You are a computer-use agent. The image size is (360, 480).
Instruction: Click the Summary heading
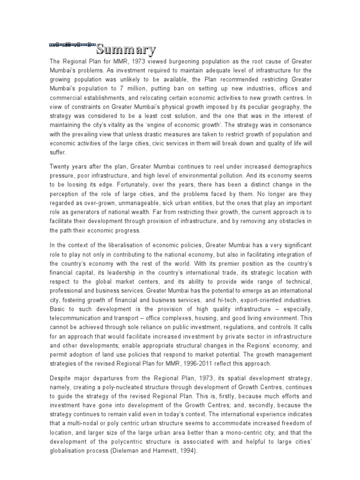(x=126, y=49)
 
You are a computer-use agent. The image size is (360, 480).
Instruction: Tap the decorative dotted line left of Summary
(x=72, y=45)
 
